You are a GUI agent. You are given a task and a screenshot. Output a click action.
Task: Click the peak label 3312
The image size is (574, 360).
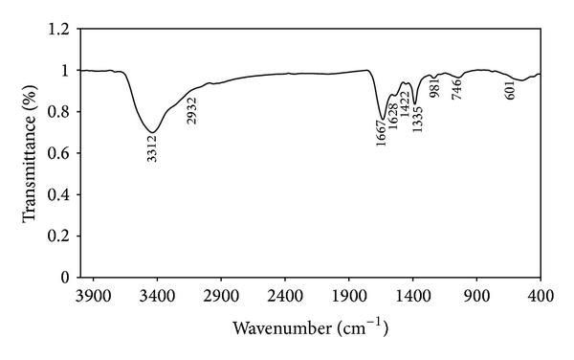click(153, 148)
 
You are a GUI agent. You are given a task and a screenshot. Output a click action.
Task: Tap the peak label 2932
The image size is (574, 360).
click(191, 111)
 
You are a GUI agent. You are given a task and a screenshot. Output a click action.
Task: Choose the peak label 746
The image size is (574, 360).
click(458, 88)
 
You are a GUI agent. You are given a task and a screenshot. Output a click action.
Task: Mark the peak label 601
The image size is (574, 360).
click(509, 90)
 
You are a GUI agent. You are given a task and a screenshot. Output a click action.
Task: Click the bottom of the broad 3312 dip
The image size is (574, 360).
click(153, 132)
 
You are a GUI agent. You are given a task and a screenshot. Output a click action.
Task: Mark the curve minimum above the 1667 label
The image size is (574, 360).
click(383, 119)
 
